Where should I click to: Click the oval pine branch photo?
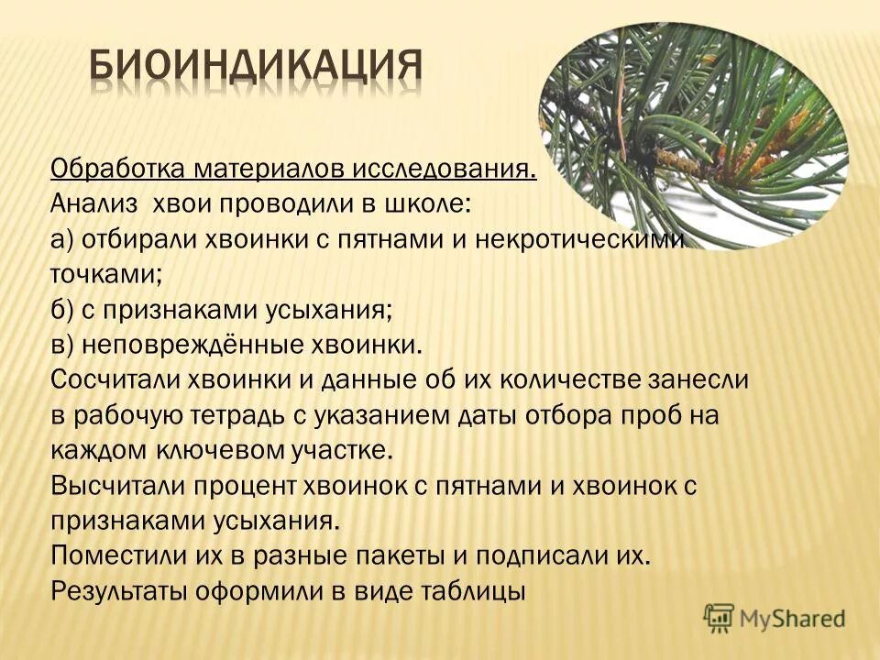pyautogui.click(x=692, y=124)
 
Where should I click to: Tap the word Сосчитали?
pyautogui.click(x=117, y=380)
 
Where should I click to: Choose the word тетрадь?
pyautogui.click(x=244, y=415)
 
